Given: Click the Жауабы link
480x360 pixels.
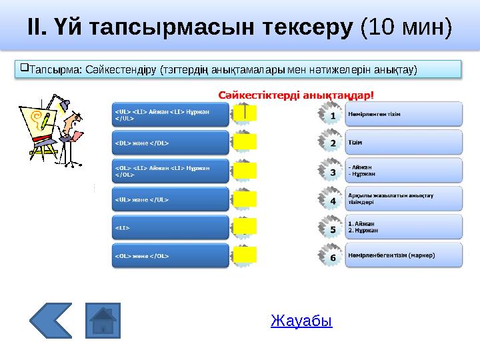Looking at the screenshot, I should pyautogui.click(x=301, y=321).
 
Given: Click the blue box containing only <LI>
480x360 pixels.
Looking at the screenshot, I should pyautogui.click(x=169, y=227).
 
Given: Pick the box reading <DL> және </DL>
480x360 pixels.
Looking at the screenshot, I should pyautogui.click(x=169, y=142).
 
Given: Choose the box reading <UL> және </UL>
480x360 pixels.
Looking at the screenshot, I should pyautogui.click(x=169, y=199).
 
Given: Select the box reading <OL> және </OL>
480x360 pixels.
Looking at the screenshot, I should pyautogui.click(x=169, y=255).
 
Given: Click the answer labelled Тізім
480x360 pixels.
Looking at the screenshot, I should pyautogui.click(x=403, y=142).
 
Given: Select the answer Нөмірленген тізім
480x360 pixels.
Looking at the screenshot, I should pyautogui.click(x=403, y=113).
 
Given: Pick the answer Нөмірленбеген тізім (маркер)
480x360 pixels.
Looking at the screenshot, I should pyautogui.click(x=403, y=255).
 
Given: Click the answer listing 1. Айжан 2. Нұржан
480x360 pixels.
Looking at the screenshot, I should pyautogui.click(x=403, y=227).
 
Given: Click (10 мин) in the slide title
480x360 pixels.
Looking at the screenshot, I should pyautogui.click(x=405, y=27).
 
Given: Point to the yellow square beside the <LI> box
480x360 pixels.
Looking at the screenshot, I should pyautogui.click(x=245, y=227).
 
